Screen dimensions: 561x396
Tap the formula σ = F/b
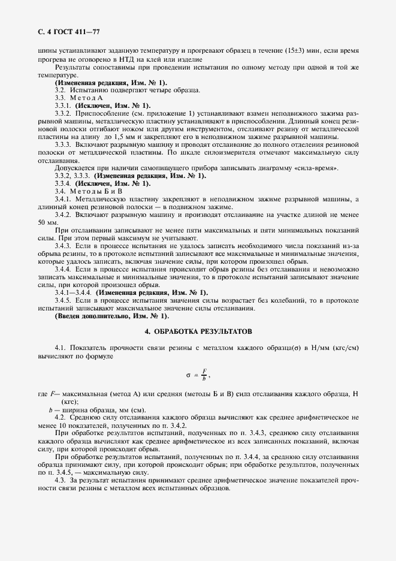pyautogui.click(x=198, y=375)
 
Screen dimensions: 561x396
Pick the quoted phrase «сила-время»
pyautogui.click(x=321, y=168)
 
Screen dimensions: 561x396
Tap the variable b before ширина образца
pyautogui.click(x=50, y=409)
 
